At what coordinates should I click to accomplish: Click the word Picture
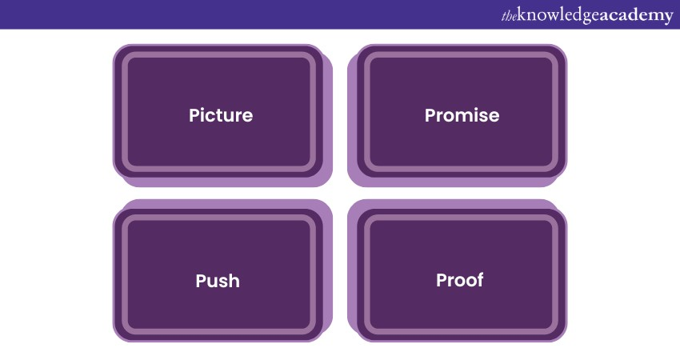[221, 115]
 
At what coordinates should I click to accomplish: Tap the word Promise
[462, 115]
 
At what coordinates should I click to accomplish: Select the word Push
[218, 281]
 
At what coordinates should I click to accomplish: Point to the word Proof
[459, 280]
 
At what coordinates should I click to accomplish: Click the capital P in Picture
[194, 116]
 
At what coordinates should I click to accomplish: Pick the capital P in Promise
[430, 116]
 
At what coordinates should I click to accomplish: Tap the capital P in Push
[201, 281]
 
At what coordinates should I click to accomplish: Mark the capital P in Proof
[441, 280]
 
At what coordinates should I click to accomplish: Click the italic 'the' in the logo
[509, 16]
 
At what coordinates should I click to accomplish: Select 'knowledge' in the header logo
[558, 16]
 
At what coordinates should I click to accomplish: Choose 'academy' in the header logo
[637, 16]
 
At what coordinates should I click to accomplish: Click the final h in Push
[234, 281]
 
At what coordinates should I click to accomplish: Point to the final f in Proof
[480, 280]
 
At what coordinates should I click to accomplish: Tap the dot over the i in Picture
[203, 109]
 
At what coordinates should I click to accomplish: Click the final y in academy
[668, 18]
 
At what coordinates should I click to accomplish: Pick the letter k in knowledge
[522, 14]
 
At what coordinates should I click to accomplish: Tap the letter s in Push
[223, 282]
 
